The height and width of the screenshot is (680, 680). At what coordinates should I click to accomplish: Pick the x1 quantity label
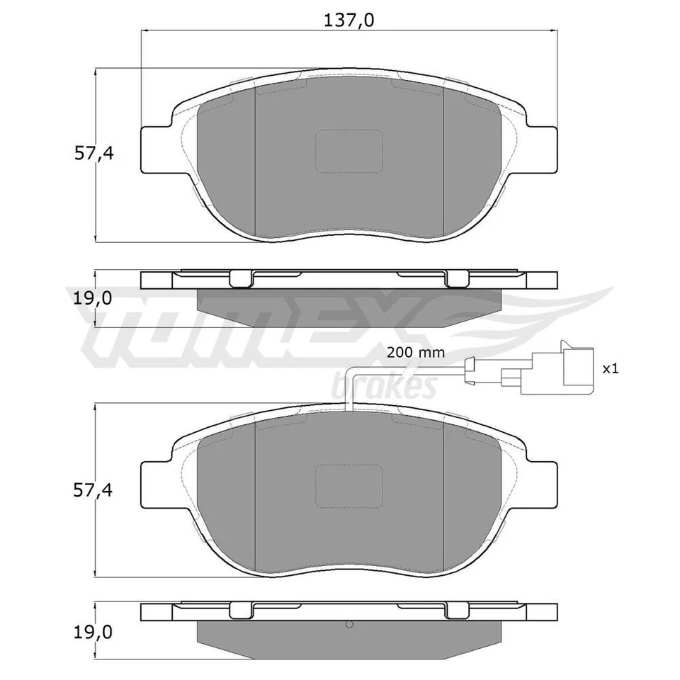pos(611,368)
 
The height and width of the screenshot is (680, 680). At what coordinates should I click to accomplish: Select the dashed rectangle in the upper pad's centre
pos(348,152)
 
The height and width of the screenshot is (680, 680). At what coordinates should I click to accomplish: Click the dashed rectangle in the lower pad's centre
pos(348,487)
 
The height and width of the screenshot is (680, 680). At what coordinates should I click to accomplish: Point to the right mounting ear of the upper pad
pos(540,149)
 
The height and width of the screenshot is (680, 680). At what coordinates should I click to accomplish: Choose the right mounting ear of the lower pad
pos(540,485)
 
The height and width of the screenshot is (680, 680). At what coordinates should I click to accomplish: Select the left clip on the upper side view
pos(242,279)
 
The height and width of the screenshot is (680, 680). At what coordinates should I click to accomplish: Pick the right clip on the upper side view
pos(455,279)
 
